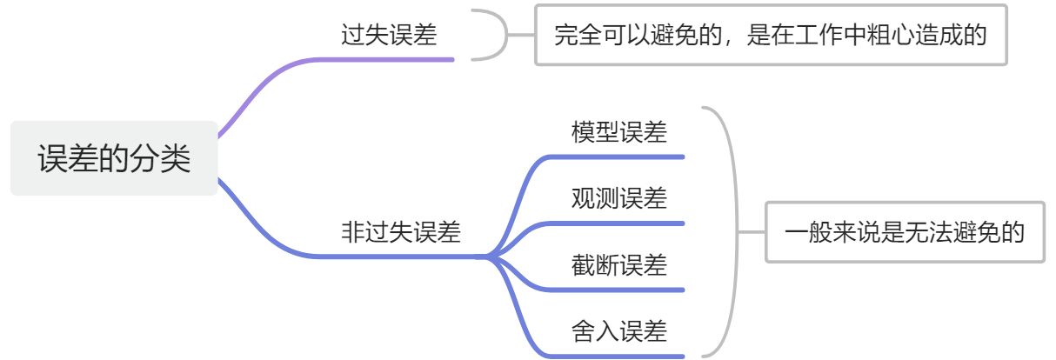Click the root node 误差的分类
point(114,158)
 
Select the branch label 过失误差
point(389,36)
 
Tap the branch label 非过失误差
point(400,232)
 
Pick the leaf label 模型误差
point(619,132)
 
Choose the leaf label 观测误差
point(619,198)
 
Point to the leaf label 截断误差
point(619,264)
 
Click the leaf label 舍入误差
point(619,330)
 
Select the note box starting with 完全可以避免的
point(770,36)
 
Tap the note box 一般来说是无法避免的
point(905,232)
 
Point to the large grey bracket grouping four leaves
point(731,232)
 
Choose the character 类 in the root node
point(177,158)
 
